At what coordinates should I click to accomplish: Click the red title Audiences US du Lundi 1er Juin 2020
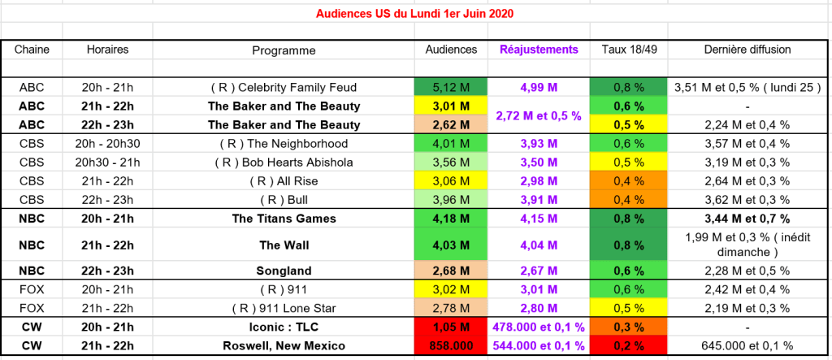coord(414,14)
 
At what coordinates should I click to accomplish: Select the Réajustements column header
coord(539,50)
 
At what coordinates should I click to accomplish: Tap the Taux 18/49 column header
coord(629,50)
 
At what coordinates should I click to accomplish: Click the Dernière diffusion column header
coord(747,50)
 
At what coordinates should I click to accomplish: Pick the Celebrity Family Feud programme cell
coord(284,87)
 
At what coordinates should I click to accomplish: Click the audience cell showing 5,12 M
coord(451,87)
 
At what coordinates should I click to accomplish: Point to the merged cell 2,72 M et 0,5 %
coord(539,115)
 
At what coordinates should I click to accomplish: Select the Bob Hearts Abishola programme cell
coord(284,162)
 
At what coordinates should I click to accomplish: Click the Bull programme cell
coord(284,199)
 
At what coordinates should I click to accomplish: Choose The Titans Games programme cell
coord(284,218)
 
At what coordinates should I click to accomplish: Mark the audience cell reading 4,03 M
coord(451,244)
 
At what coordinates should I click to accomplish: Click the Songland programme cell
coord(284,271)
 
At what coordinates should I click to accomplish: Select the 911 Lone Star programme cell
coord(284,308)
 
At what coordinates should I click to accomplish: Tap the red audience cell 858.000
coord(451,345)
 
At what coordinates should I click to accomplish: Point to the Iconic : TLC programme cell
coord(284,327)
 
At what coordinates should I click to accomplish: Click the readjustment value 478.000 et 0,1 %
coord(539,327)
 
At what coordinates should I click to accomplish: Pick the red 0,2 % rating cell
coord(629,345)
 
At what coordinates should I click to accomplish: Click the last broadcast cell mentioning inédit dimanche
coord(747,244)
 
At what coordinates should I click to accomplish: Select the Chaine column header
coord(32,50)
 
